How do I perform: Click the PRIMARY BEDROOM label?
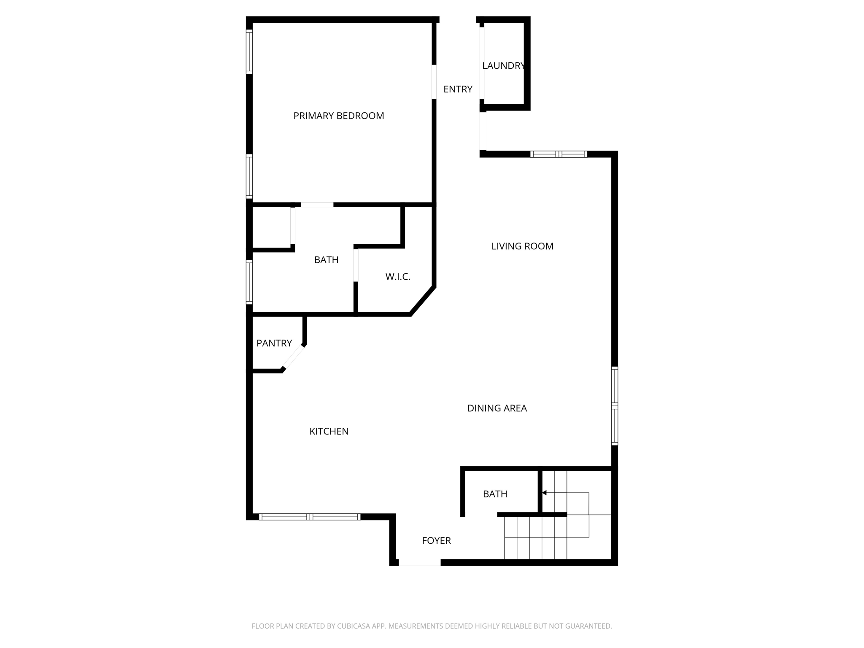(339, 116)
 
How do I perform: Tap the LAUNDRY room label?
(503, 66)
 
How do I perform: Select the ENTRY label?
(458, 89)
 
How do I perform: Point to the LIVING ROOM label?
(522, 246)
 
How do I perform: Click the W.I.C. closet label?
(398, 277)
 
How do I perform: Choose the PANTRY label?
(274, 343)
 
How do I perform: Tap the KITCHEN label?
(329, 432)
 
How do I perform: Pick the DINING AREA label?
(497, 408)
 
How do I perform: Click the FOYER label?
(436, 541)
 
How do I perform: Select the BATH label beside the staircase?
(495, 494)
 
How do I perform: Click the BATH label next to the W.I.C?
(326, 260)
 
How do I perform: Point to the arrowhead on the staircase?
(544, 493)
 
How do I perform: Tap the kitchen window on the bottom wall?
(310, 517)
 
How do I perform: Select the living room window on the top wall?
(559, 154)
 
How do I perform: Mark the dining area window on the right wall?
(615, 406)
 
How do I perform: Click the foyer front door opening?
(419, 562)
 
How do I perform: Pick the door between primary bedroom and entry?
(434, 82)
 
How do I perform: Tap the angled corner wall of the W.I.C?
(423, 301)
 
